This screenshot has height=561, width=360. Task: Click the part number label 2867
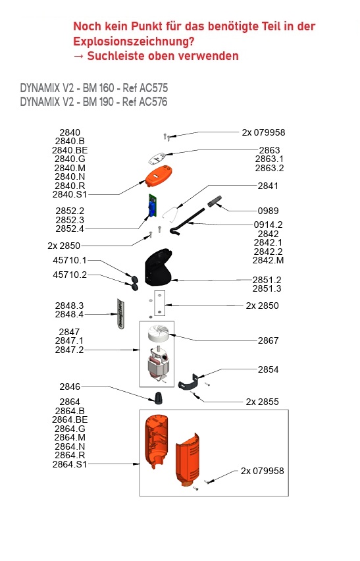coord(268,340)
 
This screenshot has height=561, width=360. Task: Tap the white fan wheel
coord(159,333)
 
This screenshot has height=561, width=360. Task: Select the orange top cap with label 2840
coord(159,176)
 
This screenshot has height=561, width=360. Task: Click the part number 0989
coord(268,211)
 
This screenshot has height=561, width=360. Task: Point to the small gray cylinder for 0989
coord(215,201)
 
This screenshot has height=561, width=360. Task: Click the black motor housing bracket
coord(158,267)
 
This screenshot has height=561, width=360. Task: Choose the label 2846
coord(70,387)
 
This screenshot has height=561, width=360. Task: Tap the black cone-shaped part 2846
coord(158,398)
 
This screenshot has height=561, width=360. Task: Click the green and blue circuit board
coord(153,205)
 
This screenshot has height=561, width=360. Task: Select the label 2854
coord(268,369)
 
